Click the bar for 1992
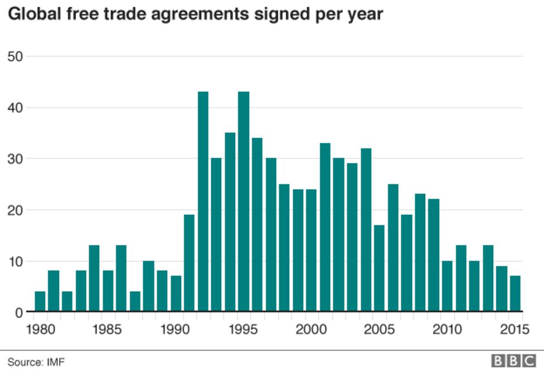pos(203,201)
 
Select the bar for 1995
pos(244,201)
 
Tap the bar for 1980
pos(40,301)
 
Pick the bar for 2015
pos(516,293)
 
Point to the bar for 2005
pos(380,268)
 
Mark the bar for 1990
pos(176,293)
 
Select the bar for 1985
pos(108,291)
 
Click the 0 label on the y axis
pos(18,312)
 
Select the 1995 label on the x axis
pos(244,329)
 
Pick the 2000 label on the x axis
pos(312,329)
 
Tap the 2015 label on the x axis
pos(514,329)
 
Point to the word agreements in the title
pos(215,15)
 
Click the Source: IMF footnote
pos(36,362)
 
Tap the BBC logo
pos(513,361)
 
